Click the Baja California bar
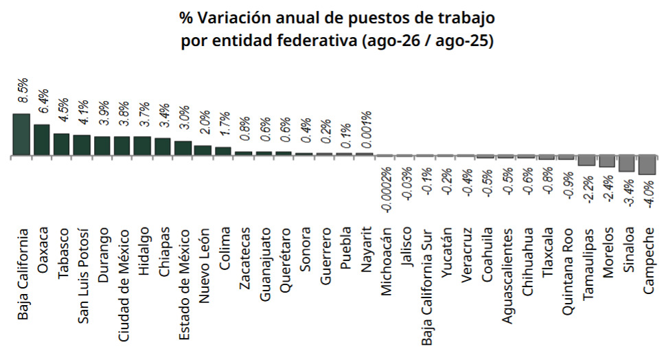coord(21,134)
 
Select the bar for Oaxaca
coord(42,139)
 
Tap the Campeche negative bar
coord(648,165)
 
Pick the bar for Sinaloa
coord(627,164)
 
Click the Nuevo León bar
coord(203,150)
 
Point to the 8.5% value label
coord(22,90)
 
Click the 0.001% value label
coord(365,129)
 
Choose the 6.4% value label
coord(43,101)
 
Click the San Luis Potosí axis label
coord(83,276)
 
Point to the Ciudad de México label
coord(123,286)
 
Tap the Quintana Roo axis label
coord(568,271)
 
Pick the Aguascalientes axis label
coord(507,275)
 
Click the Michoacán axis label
coord(385,261)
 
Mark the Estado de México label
coord(184,284)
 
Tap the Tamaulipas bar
coord(586,161)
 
